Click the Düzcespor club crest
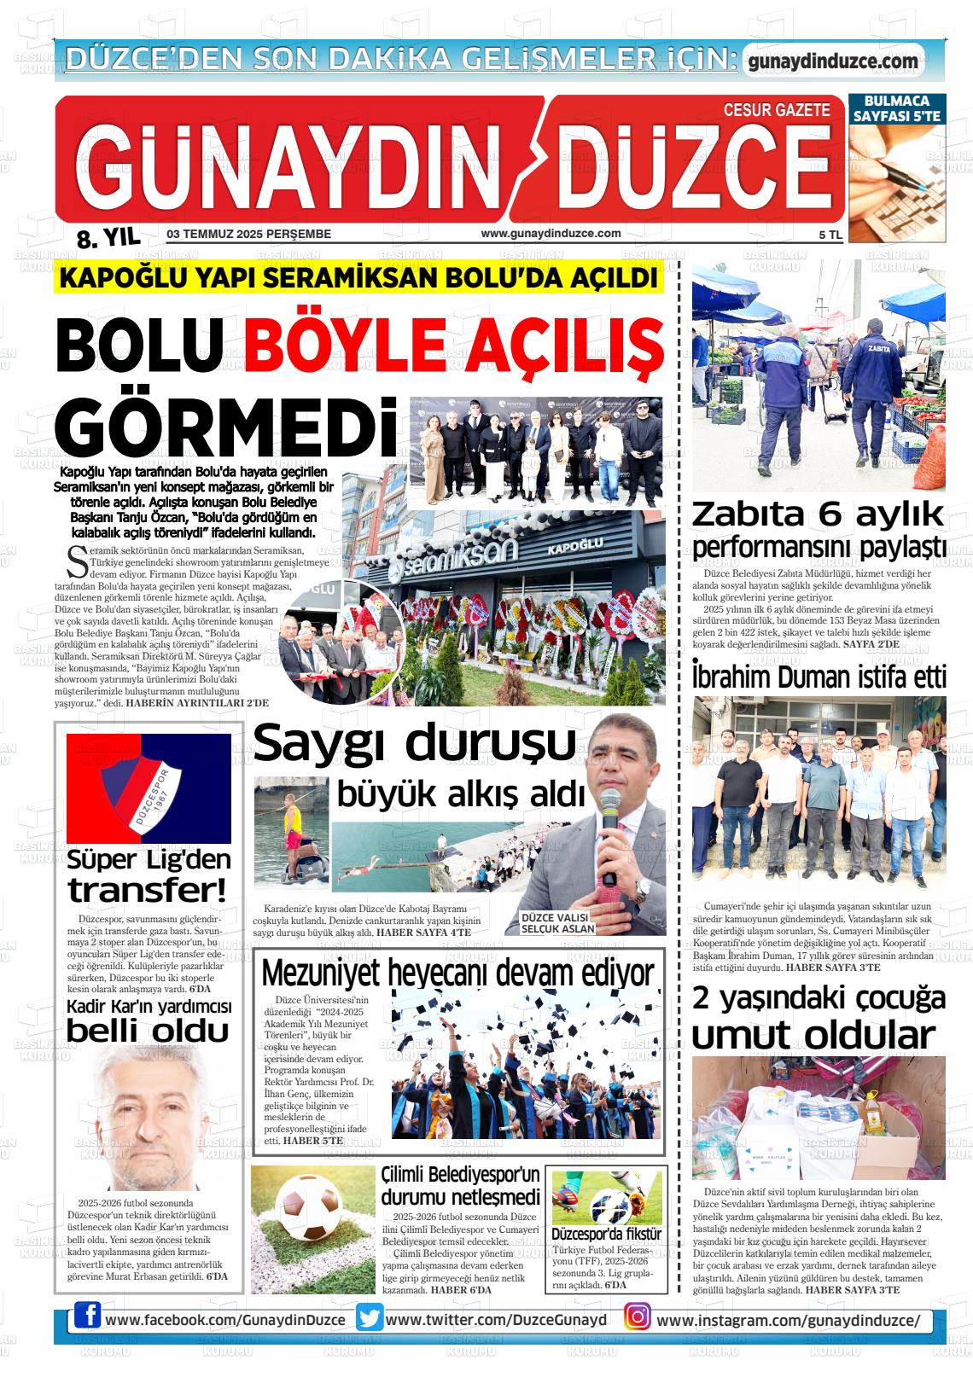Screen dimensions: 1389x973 (x=149, y=789)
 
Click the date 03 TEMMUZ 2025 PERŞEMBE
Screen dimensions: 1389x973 (x=249, y=234)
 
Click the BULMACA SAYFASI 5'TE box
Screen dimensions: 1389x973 (x=897, y=108)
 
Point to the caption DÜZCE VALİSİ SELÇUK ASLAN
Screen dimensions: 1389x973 (x=558, y=922)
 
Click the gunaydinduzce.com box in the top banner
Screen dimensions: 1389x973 (x=832, y=61)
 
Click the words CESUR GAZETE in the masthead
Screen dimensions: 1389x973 (x=776, y=110)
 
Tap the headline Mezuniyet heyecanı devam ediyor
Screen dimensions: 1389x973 (x=457, y=973)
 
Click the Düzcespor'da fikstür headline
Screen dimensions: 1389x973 (x=606, y=1234)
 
